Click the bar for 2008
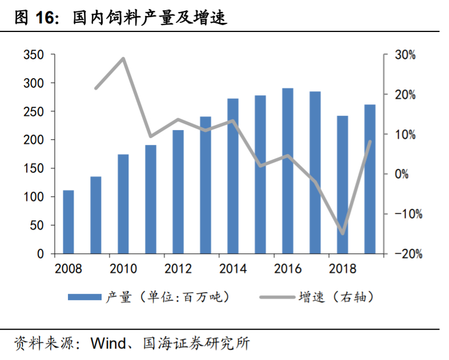click(x=68, y=222)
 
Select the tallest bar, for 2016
click(x=288, y=171)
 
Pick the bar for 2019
click(x=370, y=179)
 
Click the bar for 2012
click(x=178, y=192)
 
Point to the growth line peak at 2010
click(x=123, y=58)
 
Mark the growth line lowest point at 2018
click(x=342, y=233)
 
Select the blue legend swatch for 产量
click(x=85, y=297)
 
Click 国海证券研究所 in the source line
click(x=203, y=343)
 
